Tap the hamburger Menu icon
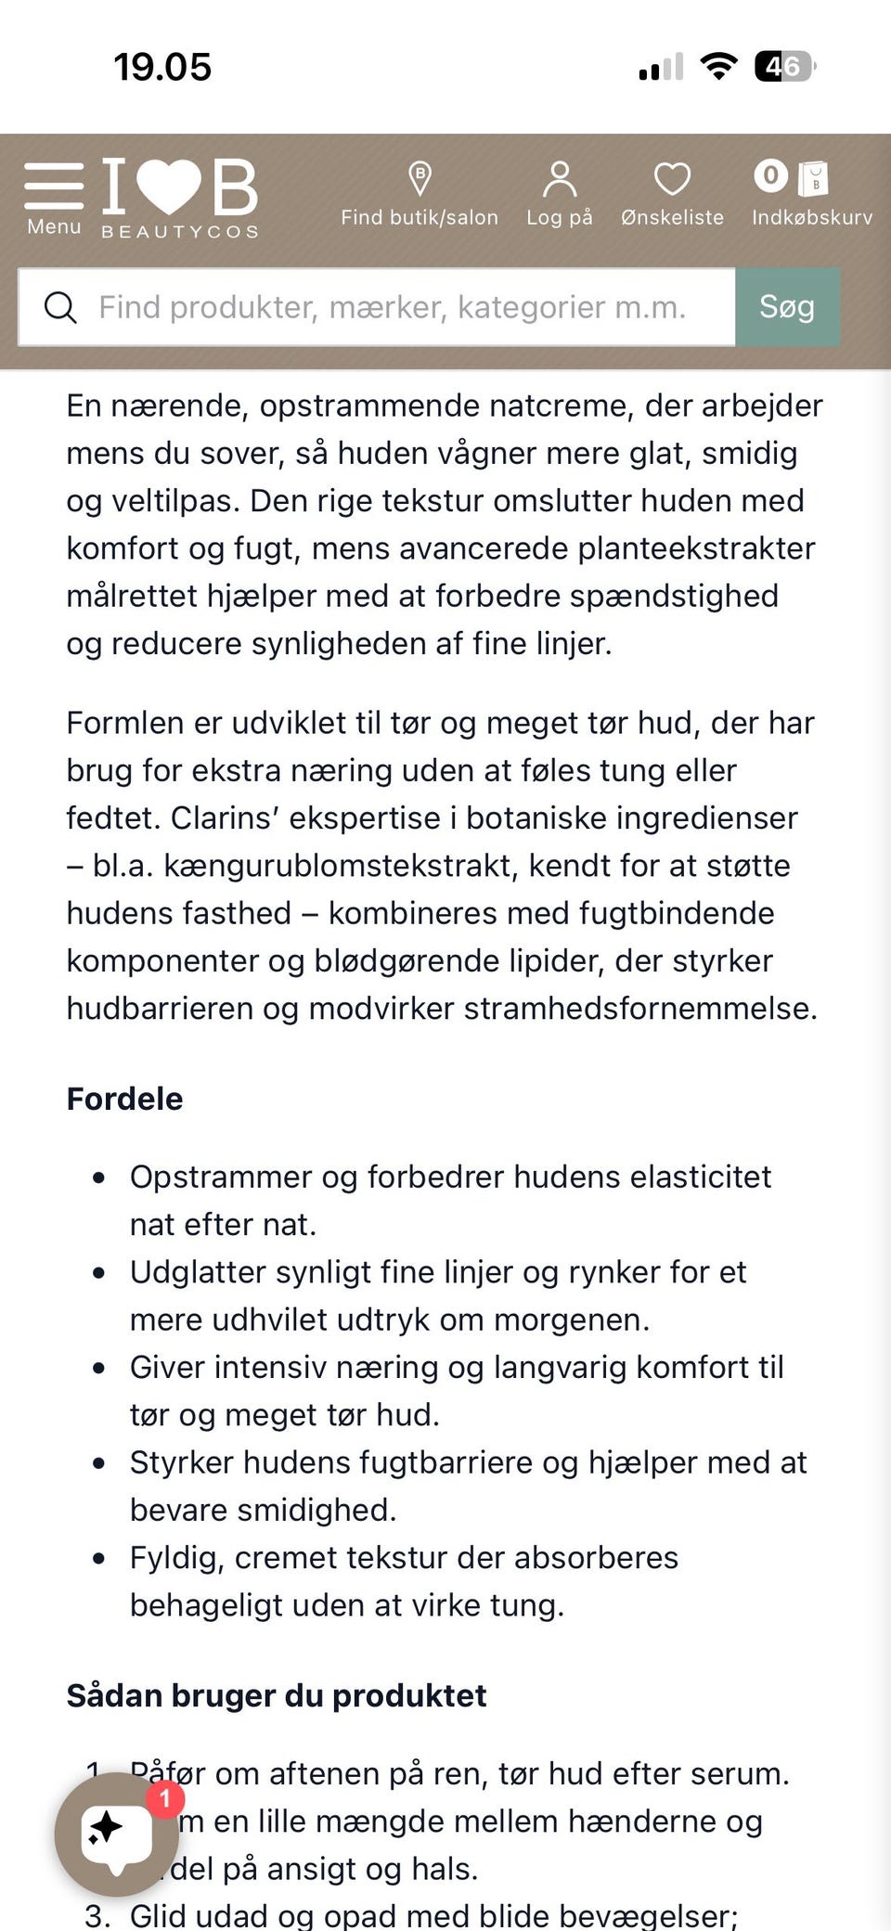[x=54, y=186]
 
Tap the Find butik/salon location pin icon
[x=420, y=178]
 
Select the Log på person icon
[x=559, y=179]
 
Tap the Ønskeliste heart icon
[x=672, y=179]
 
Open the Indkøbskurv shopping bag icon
[x=813, y=178]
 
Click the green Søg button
[x=787, y=307]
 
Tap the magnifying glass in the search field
[x=60, y=307]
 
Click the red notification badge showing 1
[x=165, y=1799]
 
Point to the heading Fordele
[x=124, y=1099]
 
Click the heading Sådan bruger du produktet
[x=276, y=1695]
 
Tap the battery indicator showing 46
[x=784, y=67]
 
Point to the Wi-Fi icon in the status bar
[x=717, y=67]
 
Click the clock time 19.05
[x=162, y=67]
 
